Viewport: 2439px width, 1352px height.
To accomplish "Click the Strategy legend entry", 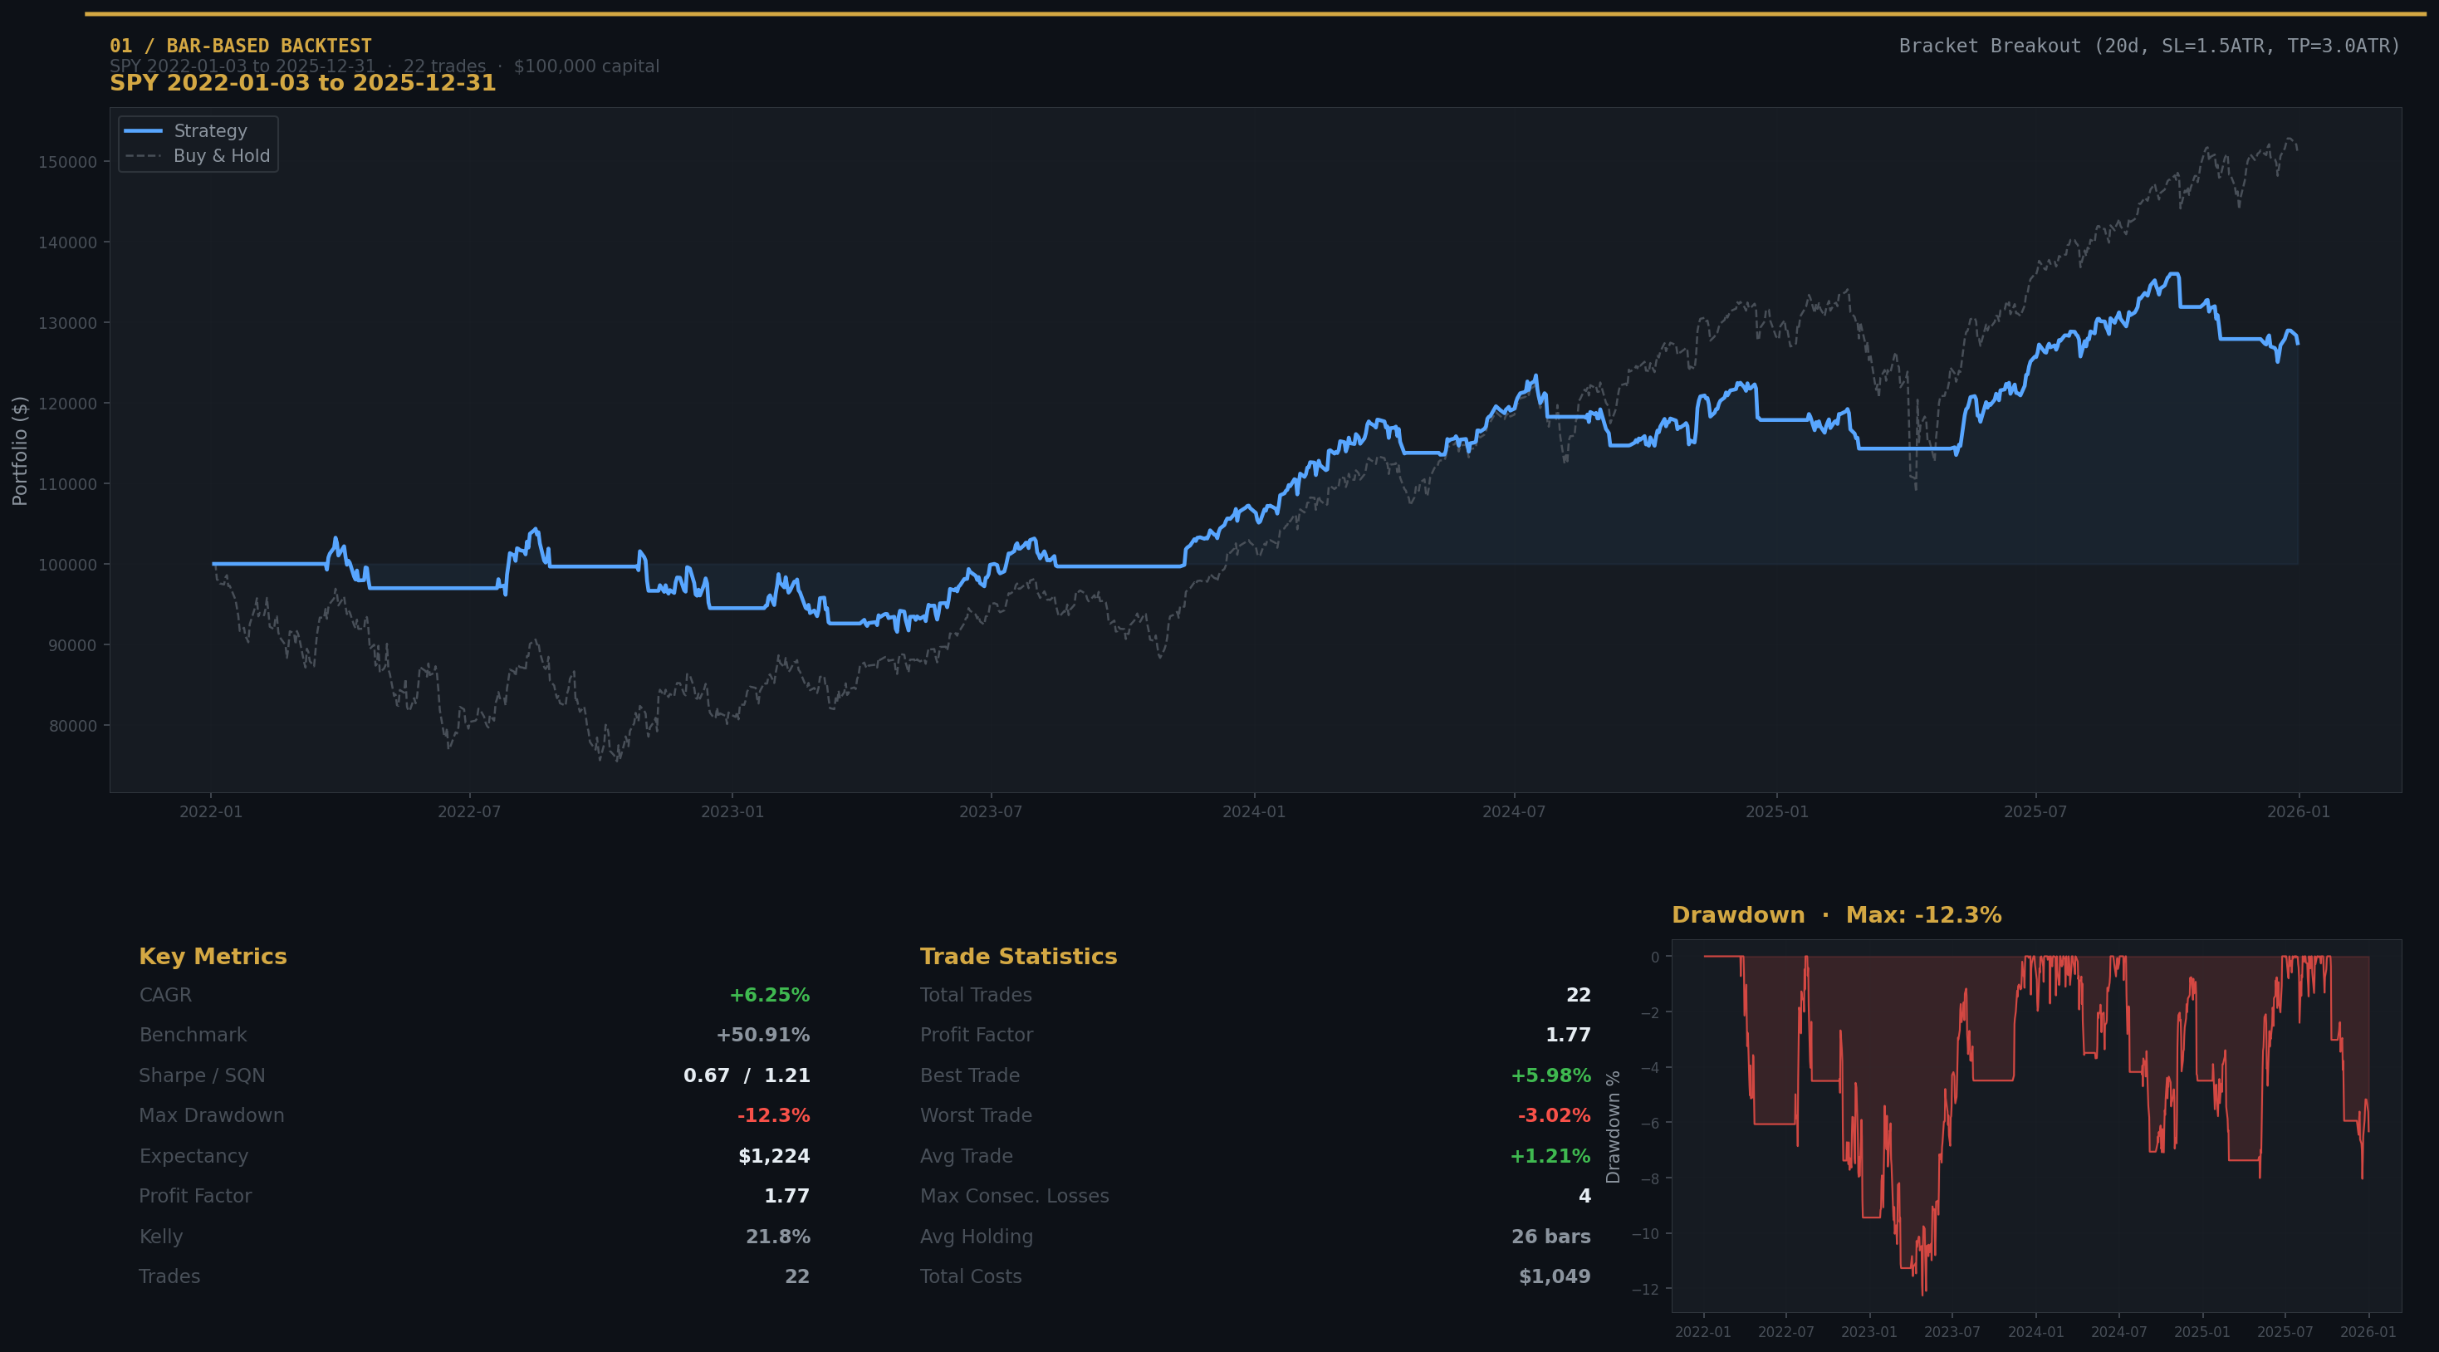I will pos(209,130).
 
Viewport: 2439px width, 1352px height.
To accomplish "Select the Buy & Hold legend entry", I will pos(221,156).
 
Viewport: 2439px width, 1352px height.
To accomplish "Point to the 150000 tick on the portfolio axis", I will pos(67,162).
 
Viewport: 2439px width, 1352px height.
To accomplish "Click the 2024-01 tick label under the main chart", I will pos(1254,812).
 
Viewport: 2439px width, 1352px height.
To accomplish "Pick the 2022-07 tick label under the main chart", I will pos(468,812).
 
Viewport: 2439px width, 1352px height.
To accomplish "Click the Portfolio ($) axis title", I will pos(20,451).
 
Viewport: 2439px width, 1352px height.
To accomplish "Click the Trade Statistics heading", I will pos(1018,956).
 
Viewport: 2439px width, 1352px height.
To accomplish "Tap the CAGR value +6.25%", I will pos(769,995).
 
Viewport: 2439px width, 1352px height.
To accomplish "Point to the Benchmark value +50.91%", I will pos(762,1035).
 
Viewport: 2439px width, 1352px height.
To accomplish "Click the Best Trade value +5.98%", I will pos(1550,1075).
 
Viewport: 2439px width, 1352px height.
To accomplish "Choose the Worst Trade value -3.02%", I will pos(1554,1115).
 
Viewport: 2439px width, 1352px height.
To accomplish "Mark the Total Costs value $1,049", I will pos(1554,1276).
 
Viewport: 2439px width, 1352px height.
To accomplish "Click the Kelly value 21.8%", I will pos(777,1237).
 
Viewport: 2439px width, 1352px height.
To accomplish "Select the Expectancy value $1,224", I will pos(773,1156).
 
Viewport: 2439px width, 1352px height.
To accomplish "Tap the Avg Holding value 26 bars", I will pos(1550,1237).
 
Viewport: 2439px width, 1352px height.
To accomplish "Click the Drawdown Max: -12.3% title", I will pos(1836,915).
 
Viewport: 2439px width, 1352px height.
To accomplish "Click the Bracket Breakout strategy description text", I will pos(2149,47).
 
